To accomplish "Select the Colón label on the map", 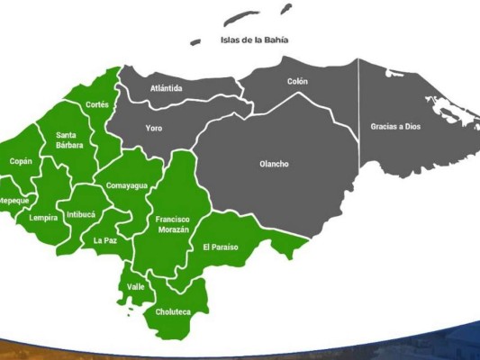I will (297, 81).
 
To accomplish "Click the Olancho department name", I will (274, 164).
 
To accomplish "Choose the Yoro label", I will (154, 128).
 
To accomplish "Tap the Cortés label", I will (97, 104).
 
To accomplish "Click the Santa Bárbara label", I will (69, 139).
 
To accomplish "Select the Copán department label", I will (21, 161).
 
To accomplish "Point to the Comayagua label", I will (126, 185).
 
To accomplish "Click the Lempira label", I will (42, 218).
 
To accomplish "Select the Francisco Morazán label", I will (173, 225).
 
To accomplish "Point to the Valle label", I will (136, 286).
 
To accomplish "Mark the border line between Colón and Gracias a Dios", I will (358, 108).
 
